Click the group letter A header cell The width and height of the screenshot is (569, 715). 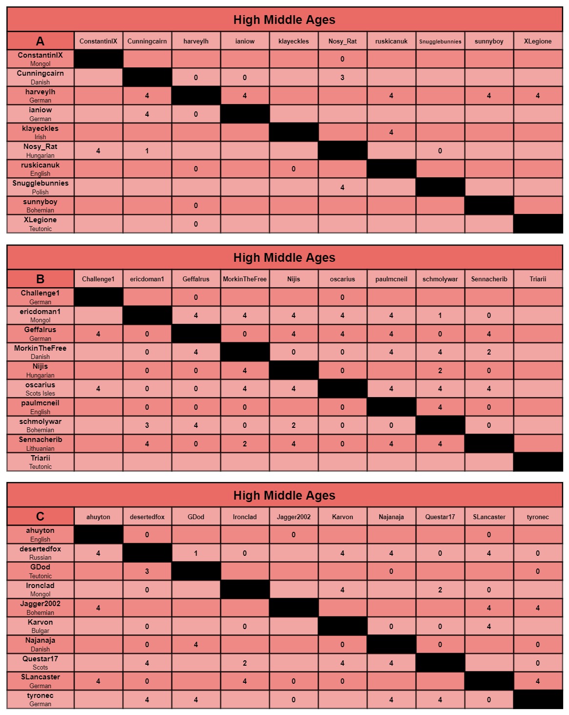[41, 41]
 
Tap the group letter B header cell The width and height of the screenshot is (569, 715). [41, 279]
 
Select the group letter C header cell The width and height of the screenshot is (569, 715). [41, 517]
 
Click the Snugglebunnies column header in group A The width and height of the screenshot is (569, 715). [440, 41]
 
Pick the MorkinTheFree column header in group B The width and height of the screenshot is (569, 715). [245, 279]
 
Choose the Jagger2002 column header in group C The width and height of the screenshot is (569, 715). [294, 517]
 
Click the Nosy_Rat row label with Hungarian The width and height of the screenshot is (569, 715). [41, 150]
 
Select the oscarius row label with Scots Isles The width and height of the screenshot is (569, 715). [41, 389]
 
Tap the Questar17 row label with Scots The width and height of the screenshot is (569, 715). [41, 663]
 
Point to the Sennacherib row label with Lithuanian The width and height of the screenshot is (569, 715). [41, 443]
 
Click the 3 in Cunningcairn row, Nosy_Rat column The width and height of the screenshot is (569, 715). [342, 77]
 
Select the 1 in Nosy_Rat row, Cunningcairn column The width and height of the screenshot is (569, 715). [147, 151]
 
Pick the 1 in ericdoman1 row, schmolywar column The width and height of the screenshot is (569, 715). [440, 315]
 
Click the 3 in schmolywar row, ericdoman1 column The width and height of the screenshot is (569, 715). [147, 425]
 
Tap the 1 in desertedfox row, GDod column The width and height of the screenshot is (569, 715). [196, 553]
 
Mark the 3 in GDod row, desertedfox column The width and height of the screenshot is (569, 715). [147, 571]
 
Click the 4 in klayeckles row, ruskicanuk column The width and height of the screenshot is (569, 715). [391, 132]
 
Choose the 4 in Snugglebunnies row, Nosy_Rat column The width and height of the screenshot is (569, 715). [342, 188]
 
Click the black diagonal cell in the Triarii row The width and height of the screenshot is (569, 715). [538, 462]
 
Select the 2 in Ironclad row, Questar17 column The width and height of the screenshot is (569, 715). [440, 590]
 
